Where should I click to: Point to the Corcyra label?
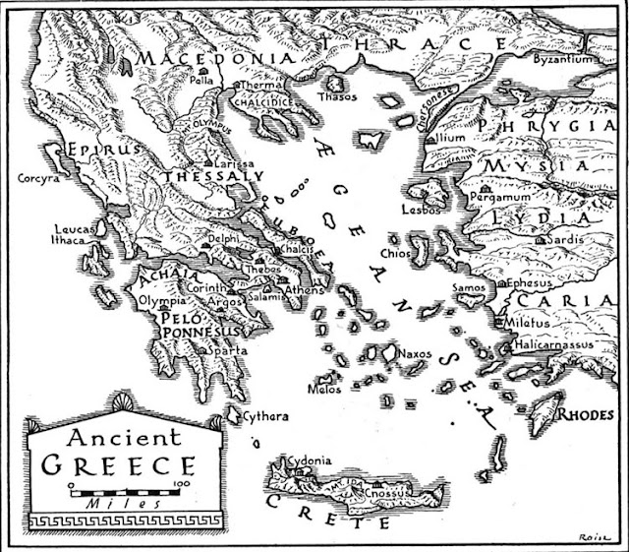coord(40,179)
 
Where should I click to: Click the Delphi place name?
coord(226,239)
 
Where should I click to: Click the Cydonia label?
coord(306,460)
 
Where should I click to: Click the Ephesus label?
coord(535,283)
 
